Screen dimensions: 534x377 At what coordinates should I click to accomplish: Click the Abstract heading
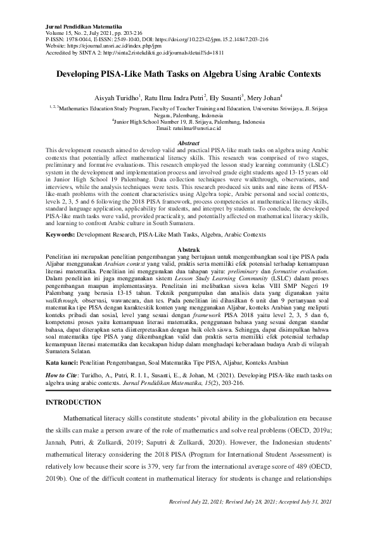click(x=189, y=143)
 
